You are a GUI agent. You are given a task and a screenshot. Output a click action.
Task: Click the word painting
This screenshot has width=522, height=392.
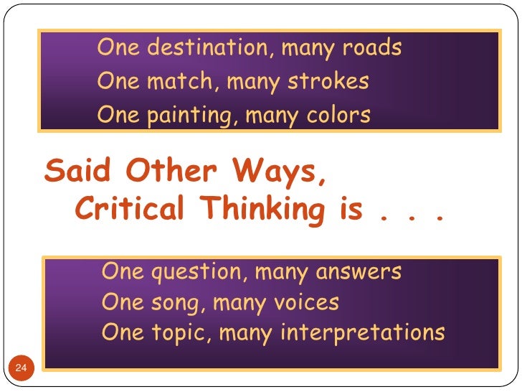click(186, 115)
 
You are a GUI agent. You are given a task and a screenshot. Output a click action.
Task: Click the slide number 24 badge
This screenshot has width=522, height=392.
click(21, 368)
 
